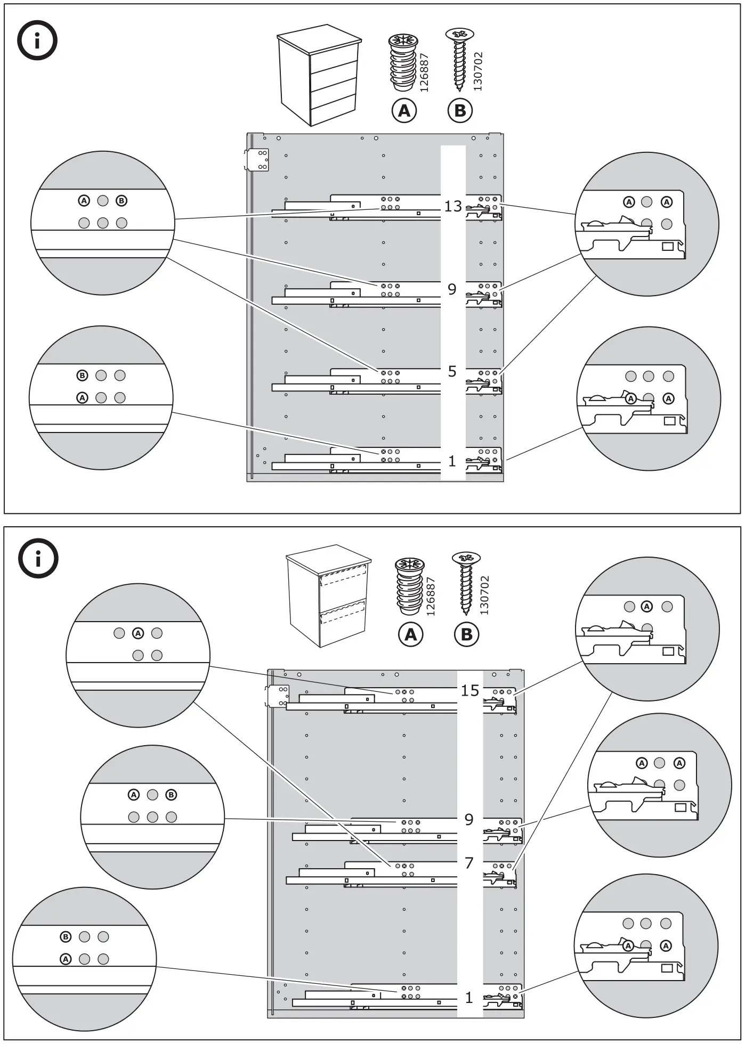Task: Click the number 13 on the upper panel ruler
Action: pos(453,206)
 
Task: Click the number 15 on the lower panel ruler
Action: pos(470,691)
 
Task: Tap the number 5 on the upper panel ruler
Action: pos(452,371)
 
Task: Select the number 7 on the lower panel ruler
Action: pos(469,863)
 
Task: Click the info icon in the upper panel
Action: pos(37,40)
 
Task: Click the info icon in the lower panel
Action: pos(38,558)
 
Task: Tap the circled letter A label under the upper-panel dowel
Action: pos(404,110)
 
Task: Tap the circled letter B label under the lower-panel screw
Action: pos(466,634)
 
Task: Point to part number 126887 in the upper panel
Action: pos(425,72)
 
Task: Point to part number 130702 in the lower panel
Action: pos(484,595)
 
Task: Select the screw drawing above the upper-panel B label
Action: pos(460,59)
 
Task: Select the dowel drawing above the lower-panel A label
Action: pos(409,584)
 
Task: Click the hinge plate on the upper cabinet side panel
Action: pos(257,160)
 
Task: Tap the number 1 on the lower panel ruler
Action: pos(469,998)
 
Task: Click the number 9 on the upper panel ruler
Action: pos(452,289)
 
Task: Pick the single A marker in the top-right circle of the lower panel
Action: pos(646,607)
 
